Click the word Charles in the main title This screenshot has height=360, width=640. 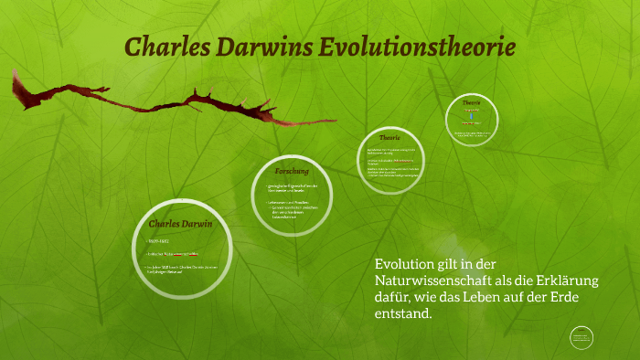point(163,47)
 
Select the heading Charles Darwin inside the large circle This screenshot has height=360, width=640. point(180,223)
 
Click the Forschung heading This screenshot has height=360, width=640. point(292,171)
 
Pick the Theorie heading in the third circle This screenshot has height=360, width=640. point(390,137)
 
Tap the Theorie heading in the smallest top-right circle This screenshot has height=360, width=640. point(472,102)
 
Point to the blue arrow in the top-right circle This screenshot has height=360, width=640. point(473,117)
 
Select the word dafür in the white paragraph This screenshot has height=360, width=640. point(394,297)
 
